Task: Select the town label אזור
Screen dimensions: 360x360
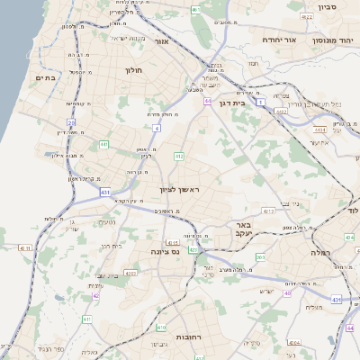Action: [x=163, y=41]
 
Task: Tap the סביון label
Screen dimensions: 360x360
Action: [x=327, y=7]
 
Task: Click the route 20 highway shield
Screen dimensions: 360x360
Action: [x=71, y=122]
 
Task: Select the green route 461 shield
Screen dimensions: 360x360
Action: [x=196, y=10]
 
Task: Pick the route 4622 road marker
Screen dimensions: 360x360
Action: [x=307, y=16]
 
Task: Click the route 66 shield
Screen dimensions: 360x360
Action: [x=208, y=102]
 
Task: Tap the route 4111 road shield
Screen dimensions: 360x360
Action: [x=24, y=247]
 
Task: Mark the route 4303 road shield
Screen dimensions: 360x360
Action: [x=130, y=274]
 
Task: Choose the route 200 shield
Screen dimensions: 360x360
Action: [x=261, y=258]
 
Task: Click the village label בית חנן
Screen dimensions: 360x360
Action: [x=111, y=246]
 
